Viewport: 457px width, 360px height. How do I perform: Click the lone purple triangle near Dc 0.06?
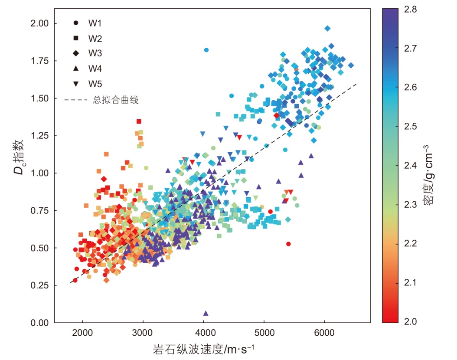(x=206, y=313)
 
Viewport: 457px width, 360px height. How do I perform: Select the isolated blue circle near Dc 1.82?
(x=206, y=50)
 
